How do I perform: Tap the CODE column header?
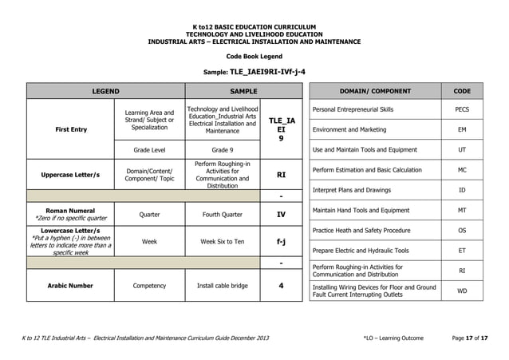pos(462,91)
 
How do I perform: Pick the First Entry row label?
pos(70,129)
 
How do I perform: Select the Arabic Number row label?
pos(70,285)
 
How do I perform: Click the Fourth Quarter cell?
pos(222,214)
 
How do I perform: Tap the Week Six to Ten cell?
pos(222,240)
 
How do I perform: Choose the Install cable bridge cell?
pos(222,285)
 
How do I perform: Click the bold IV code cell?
pos(281,214)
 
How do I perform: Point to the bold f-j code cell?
pos(281,240)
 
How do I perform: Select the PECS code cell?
pos(462,109)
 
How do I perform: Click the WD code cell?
pos(462,291)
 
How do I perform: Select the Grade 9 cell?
pos(222,149)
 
